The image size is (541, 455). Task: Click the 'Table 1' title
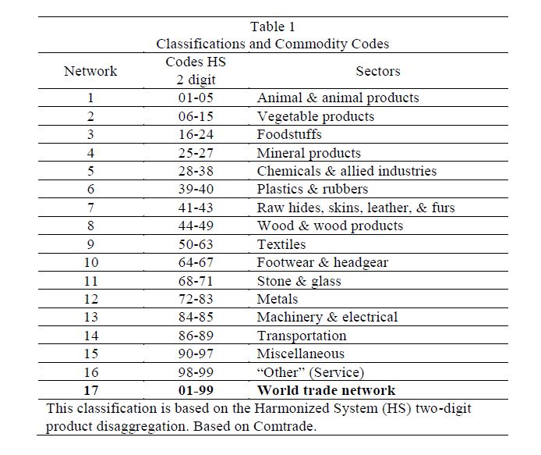point(273,27)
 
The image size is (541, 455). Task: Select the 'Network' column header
point(90,71)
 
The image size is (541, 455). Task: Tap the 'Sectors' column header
point(378,71)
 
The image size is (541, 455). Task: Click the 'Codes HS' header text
point(195,62)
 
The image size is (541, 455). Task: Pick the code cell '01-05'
point(195,98)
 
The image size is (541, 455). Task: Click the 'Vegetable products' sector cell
point(315,117)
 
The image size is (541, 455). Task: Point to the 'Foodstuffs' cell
point(289,135)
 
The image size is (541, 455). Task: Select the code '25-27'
point(195,154)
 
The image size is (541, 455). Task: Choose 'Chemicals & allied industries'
point(346,172)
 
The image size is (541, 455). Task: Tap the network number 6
point(90,190)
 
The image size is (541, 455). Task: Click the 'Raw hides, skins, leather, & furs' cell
point(355,208)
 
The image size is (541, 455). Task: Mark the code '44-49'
point(195,226)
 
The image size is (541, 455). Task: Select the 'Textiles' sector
point(281,245)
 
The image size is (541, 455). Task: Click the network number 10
point(90,263)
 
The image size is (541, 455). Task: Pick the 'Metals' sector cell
point(278,300)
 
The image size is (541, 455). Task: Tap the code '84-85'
point(195,318)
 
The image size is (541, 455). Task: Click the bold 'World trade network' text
point(326,391)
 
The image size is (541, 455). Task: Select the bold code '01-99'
point(195,391)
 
